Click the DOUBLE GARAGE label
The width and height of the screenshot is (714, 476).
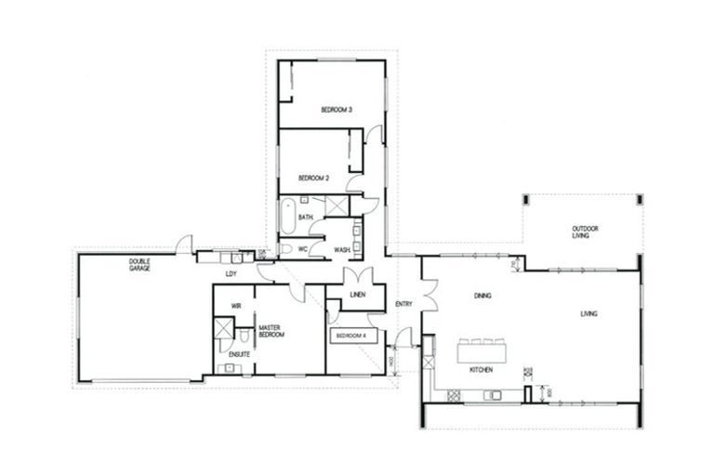[x=139, y=265]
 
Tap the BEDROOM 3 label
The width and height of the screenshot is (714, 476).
[x=336, y=110]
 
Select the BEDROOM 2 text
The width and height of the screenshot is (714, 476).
[x=313, y=178]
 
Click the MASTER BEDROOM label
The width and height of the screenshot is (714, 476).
[x=271, y=330]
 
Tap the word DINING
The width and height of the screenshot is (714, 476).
[x=483, y=296]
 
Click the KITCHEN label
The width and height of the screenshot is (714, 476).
[x=481, y=370]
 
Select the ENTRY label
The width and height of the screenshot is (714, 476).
[x=403, y=304]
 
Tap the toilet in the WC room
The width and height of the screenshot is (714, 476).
[x=286, y=249]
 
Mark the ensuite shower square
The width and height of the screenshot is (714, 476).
[x=223, y=328]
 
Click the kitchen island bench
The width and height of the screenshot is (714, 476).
[x=482, y=351]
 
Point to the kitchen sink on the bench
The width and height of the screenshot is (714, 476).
[x=494, y=395]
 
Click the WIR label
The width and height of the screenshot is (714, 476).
[x=236, y=304]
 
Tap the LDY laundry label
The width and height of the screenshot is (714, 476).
[x=231, y=274]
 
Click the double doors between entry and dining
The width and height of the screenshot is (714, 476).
[x=427, y=297]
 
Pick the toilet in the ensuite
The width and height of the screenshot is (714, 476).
[x=243, y=337]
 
